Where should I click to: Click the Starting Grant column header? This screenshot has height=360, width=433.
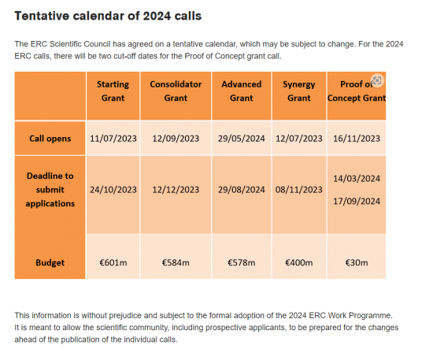pyautogui.click(x=113, y=91)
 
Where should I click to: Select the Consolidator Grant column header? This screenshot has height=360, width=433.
pyautogui.click(x=176, y=91)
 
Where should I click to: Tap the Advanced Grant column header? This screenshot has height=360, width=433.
pyautogui.click(x=242, y=91)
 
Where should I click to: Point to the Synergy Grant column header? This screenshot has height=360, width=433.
pyautogui.click(x=299, y=91)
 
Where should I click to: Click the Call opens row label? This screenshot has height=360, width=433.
pyautogui.click(x=50, y=139)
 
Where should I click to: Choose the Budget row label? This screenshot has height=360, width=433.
pyautogui.click(x=50, y=262)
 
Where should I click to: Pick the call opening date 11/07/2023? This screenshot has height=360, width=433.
pyautogui.click(x=113, y=139)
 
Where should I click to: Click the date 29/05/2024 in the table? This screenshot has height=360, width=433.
pyautogui.click(x=242, y=139)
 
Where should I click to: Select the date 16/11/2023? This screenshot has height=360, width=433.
pyautogui.click(x=357, y=139)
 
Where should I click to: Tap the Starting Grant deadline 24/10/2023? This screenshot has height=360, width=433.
pyautogui.click(x=113, y=190)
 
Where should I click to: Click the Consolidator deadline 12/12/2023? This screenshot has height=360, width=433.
pyautogui.click(x=176, y=190)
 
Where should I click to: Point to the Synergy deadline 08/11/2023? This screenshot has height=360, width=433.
pyautogui.click(x=299, y=190)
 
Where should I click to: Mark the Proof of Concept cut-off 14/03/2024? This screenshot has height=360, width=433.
pyautogui.click(x=357, y=179)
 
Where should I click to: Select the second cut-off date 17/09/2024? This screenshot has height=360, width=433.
pyautogui.click(x=357, y=201)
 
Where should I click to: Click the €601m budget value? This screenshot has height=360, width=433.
pyautogui.click(x=113, y=262)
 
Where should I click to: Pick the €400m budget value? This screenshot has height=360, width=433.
pyautogui.click(x=299, y=262)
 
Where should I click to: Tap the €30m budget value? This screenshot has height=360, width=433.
pyautogui.click(x=357, y=262)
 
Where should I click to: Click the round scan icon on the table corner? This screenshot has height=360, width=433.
pyautogui.click(x=377, y=80)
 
